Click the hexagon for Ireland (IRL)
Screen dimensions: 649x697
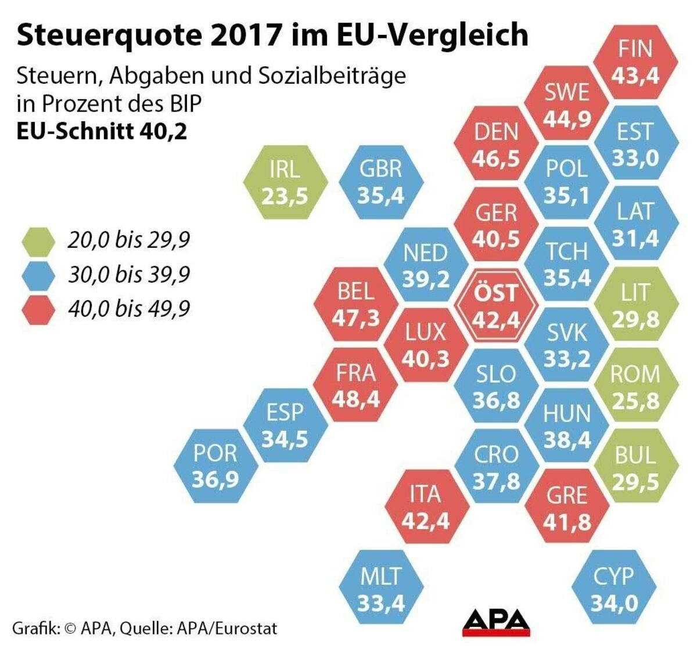coord(285,182)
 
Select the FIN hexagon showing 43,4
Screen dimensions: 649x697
coord(635,63)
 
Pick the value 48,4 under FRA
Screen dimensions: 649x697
coord(356,399)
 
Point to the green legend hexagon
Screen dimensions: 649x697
coord(38,240)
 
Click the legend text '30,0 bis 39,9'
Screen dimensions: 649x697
coord(129,275)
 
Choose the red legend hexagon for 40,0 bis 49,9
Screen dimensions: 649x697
coord(38,309)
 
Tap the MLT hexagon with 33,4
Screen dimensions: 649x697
coord(381,589)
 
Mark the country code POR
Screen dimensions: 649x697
coord(215,453)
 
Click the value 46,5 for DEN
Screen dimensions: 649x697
coord(495,158)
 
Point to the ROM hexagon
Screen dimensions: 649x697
coord(635,387)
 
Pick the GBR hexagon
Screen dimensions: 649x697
coord(381,182)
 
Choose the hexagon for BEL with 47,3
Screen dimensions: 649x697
coord(356,304)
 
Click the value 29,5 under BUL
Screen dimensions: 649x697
coord(635,481)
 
